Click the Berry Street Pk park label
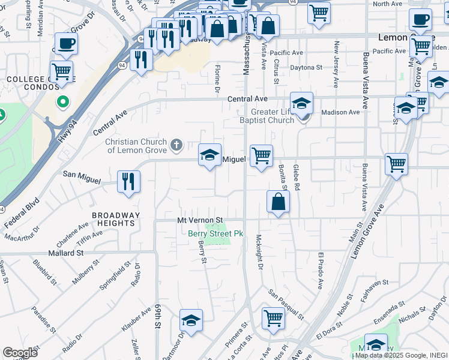tap(215, 233)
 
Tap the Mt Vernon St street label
tap(200, 221)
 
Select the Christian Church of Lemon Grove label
tap(136, 146)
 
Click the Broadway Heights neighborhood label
tap(116, 219)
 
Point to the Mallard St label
tap(66, 254)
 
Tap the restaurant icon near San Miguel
tap(128, 181)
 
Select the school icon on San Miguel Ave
tap(210, 155)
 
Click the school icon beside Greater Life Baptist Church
tap(301, 102)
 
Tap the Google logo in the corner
tap(20, 353)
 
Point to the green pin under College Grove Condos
tap(62, 102)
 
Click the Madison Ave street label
tap(340, 112)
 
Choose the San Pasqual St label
tap(286, 304)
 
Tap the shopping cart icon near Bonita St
tap(261, 156)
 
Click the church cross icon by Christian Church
tap(176, 144)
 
